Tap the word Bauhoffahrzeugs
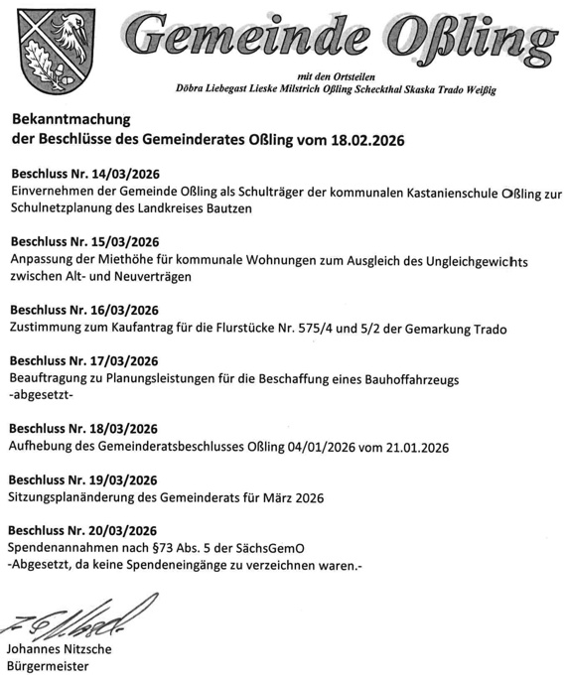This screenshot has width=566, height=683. (x=406, y=378)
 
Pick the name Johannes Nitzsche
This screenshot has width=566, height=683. (x=59, y=650)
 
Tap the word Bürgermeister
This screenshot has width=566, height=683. (x=48, y=667)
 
